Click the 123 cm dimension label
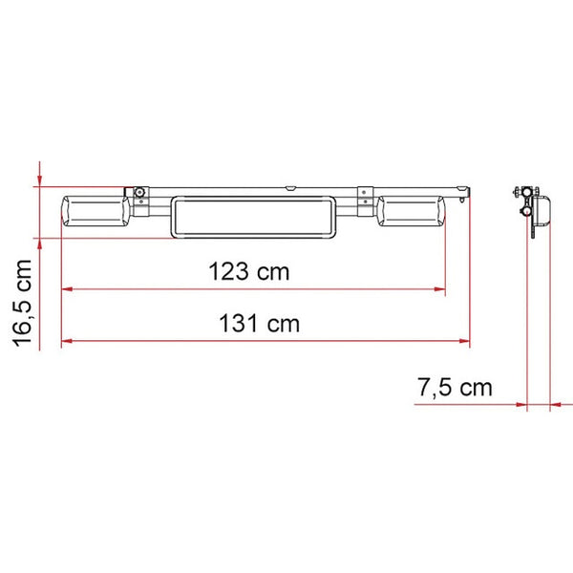[x=248, y=271]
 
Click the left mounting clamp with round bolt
[x=139, y=195]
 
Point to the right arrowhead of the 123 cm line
[x=440, y=288]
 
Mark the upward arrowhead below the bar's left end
[x=39, y=244]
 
